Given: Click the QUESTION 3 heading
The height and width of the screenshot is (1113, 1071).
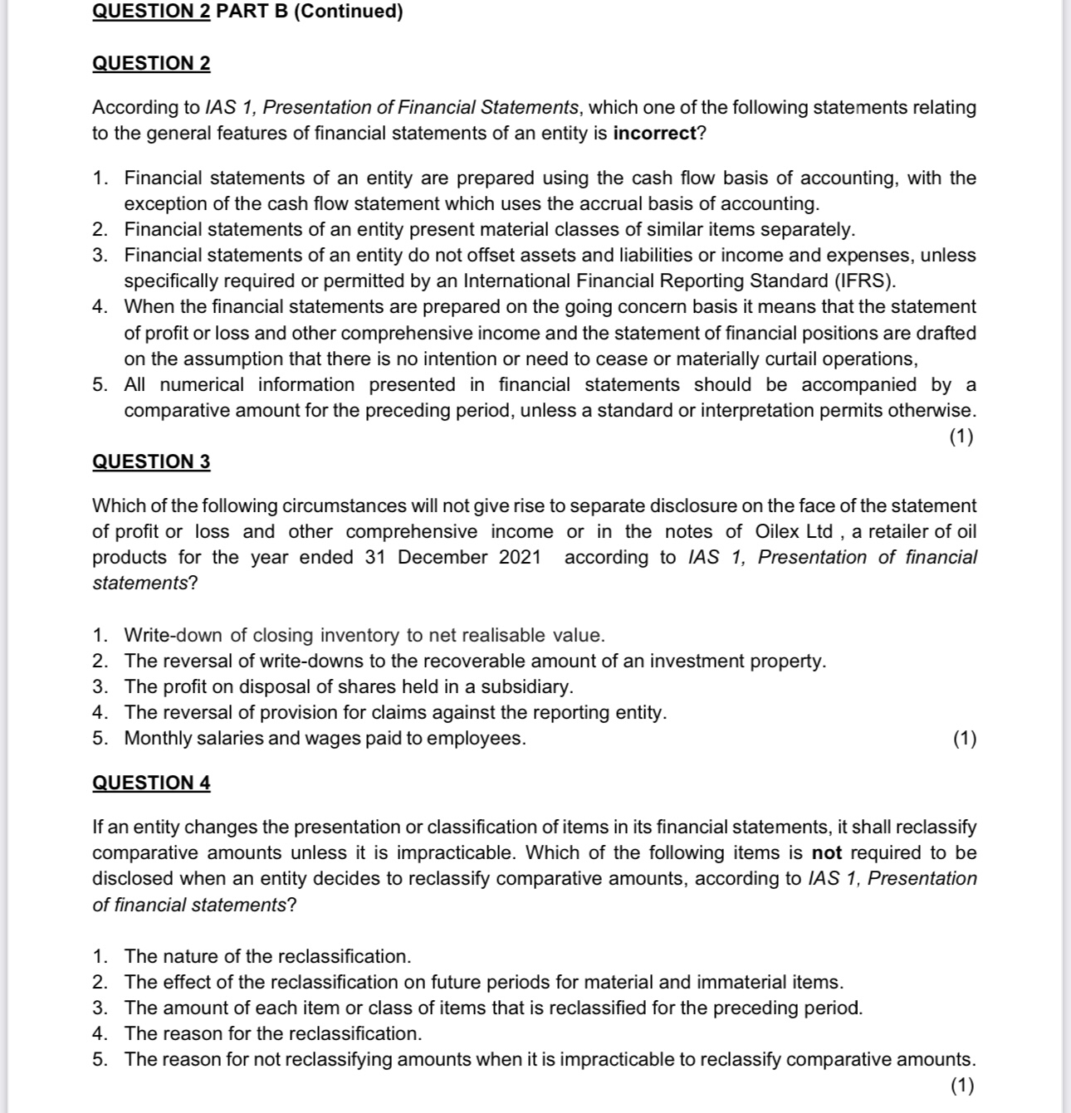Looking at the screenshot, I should pos(151,462).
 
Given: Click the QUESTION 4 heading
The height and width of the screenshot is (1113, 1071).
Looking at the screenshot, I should pos(151,783).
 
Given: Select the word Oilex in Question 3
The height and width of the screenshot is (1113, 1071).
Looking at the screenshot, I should pos(782,532).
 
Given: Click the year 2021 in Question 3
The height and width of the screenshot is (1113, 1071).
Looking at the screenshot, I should pos(520,558).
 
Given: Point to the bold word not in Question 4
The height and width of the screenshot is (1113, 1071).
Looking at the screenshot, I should pos(826,853).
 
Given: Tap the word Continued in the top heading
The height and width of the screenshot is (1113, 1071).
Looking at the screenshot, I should pos(348,12).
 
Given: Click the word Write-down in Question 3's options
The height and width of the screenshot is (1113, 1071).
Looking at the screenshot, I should pos(174,636).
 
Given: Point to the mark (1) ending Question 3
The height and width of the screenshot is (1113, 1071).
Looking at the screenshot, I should pos(965,739).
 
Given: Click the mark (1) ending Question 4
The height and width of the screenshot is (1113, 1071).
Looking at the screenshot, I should pos(963,1086).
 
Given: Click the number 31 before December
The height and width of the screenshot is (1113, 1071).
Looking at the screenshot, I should pos(376,558).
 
